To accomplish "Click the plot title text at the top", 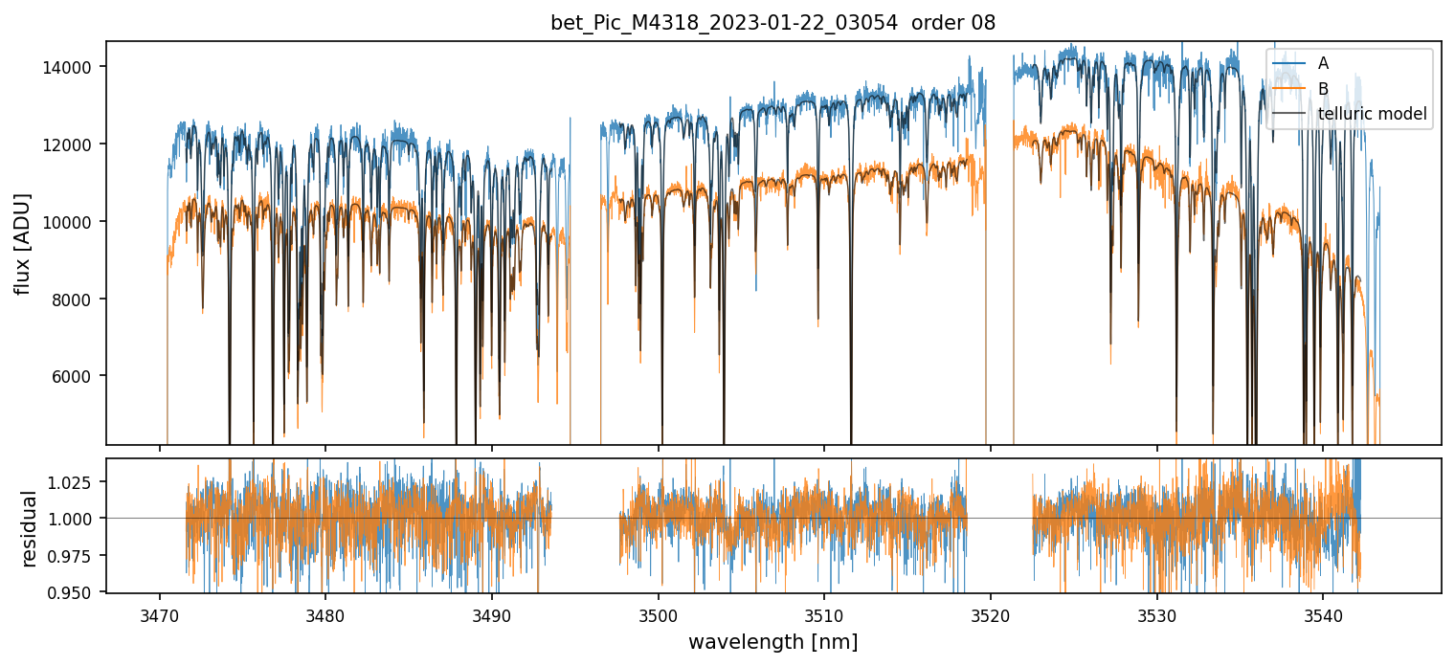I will (x=772, y=23).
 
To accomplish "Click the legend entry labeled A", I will (x=1323, y=63).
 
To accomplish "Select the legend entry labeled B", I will (x=1323, y=89).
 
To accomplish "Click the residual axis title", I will (x=29, y=528).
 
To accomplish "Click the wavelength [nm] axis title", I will (x=772, y=642).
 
